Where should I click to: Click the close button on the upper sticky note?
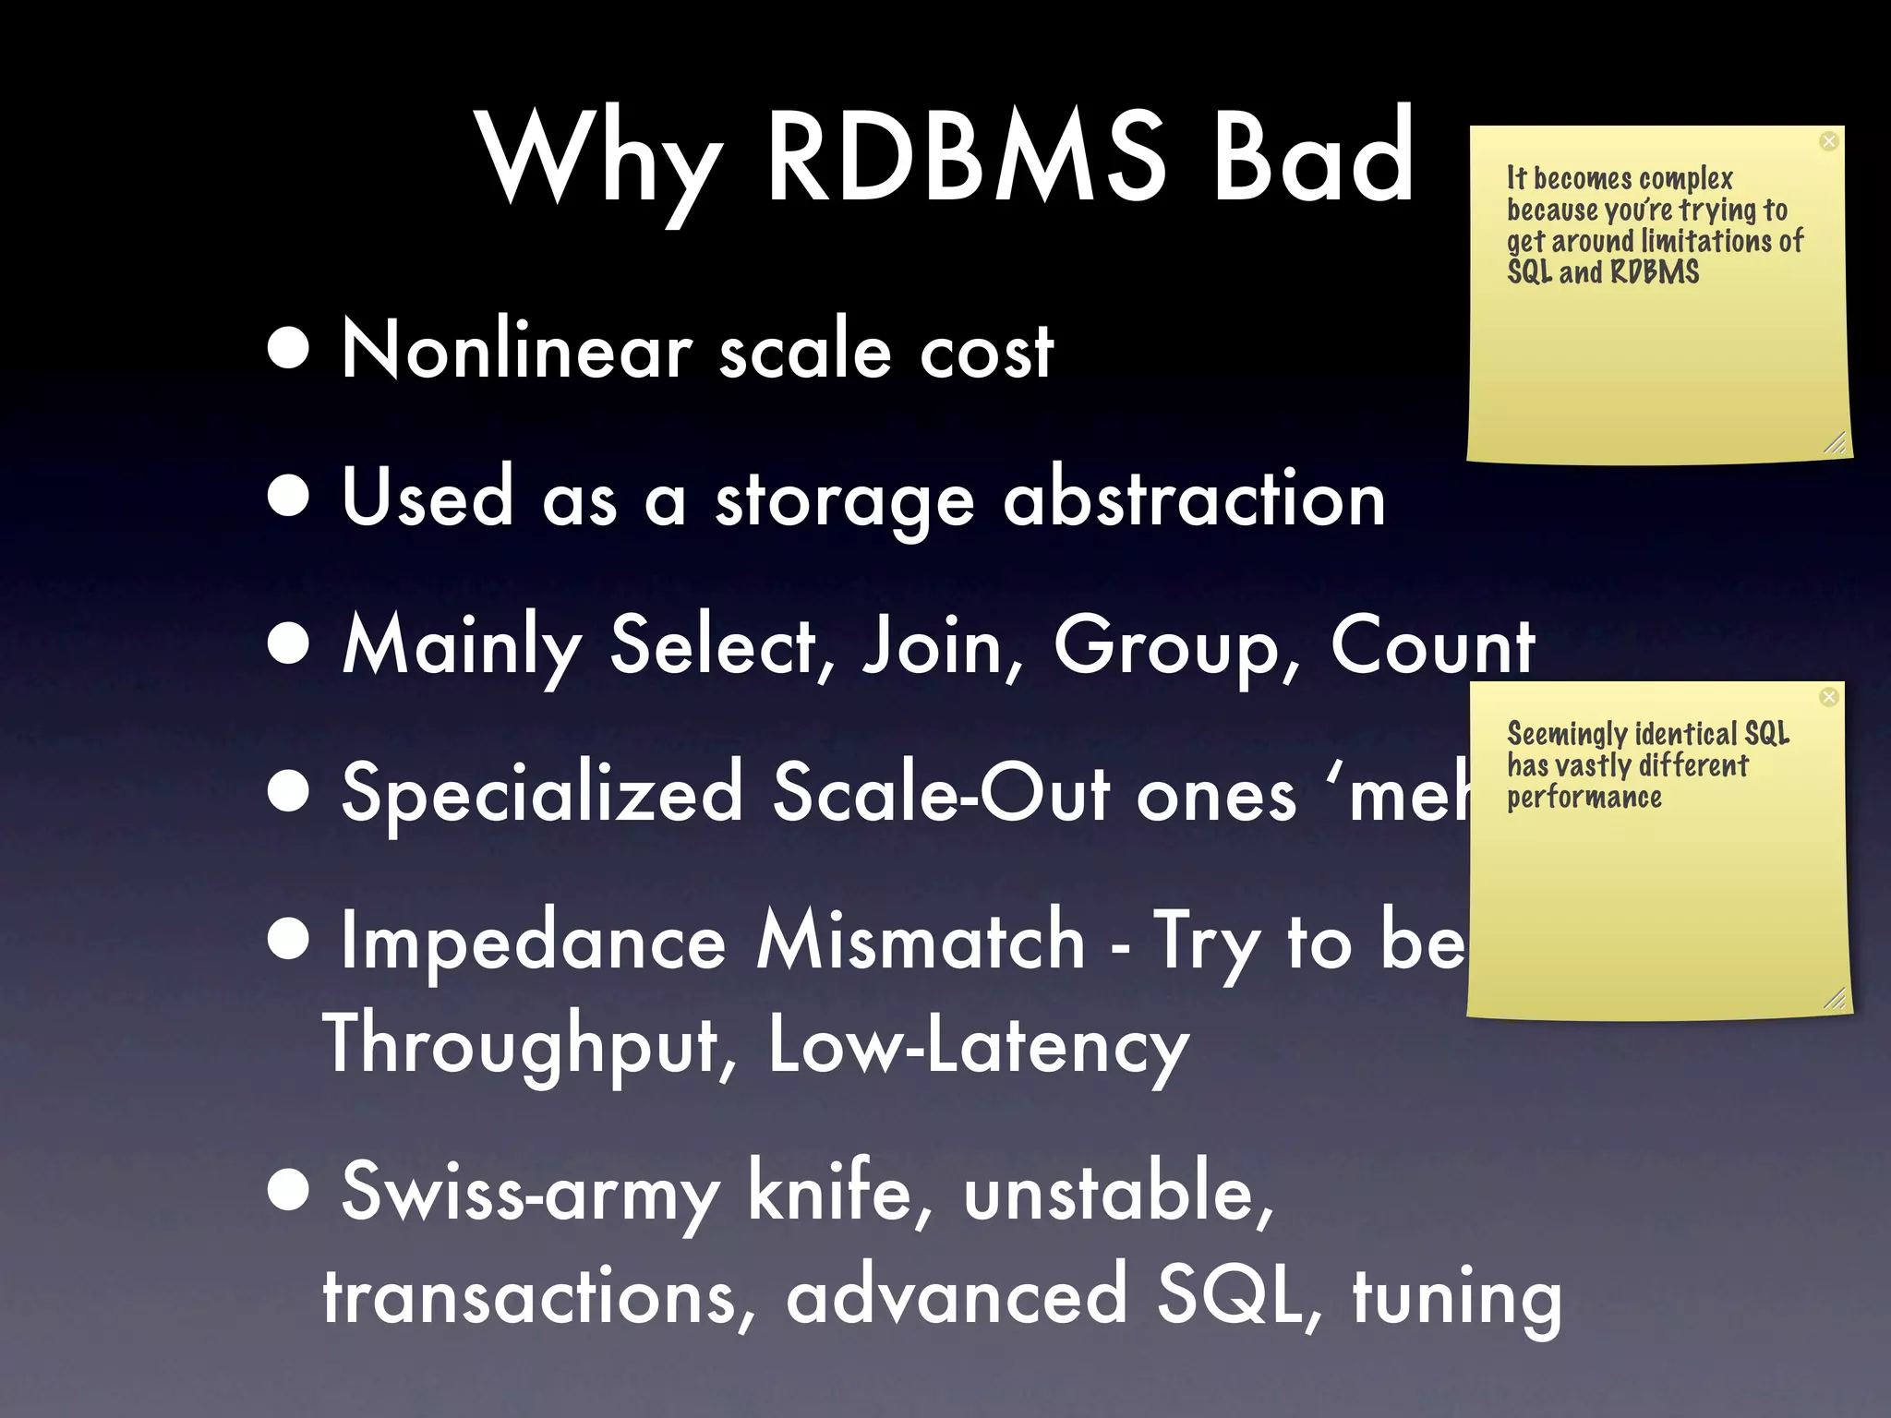coord(1828,141)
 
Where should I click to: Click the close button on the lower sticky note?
coord(1828,697)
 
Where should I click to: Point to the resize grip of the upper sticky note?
coord(1835,444)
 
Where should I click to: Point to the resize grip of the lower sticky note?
coord(1835,999)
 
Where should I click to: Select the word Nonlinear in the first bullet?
coord(517,351)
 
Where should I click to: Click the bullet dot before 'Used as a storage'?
coord(289,497)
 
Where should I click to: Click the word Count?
coord(1432,646)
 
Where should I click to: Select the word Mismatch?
coord(920,942)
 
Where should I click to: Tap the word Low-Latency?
coord(978,1045)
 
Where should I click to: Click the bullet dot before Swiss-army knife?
coord(289,1190)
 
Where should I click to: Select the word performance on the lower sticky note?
coord(1584,798)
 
